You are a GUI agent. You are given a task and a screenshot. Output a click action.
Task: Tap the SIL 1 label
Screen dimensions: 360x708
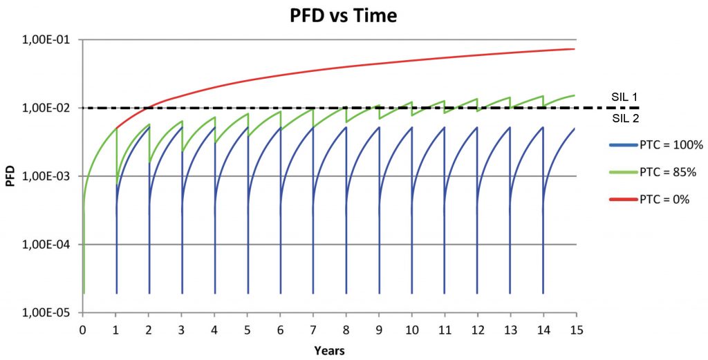coord(624,97)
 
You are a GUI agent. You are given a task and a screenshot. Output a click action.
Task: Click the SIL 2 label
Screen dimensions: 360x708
coord(624,118)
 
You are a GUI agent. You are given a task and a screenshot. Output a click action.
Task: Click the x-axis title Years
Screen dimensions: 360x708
coord(328,350)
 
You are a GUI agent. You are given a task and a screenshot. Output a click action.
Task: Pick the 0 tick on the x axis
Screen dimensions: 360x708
coord(83,329)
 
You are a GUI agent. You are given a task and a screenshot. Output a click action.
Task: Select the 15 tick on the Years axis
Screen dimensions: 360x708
coord(575,329)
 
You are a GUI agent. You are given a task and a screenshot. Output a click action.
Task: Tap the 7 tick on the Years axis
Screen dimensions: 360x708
coord(313,329)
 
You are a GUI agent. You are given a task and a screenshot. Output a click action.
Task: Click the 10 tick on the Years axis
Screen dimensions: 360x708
coord(411,329)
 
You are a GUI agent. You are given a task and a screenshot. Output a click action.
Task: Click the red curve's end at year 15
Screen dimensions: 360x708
coord(575,49)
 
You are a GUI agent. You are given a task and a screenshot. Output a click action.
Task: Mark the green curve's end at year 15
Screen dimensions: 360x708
coord(575,95)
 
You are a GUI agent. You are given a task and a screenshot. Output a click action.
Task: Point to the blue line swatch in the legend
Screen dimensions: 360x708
coord(619,145)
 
